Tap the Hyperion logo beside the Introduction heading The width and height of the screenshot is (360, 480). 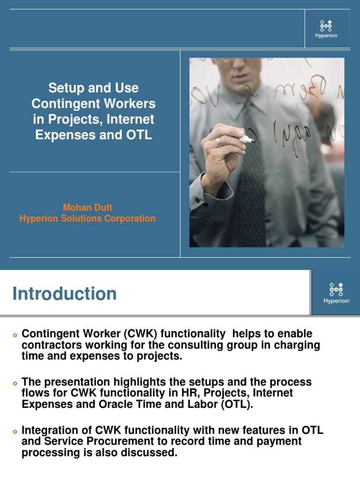pyautogui.click(x=336, y=293)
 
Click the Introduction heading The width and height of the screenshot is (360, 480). pyautogui.click(x=64, y=294)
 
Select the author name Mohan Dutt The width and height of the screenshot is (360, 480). pyautogui.click(x=88, y=207)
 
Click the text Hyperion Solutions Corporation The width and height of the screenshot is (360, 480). pyautogui.click(x=88, y=218)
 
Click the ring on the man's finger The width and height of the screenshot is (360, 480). pyautogui.click(x=219, y=141)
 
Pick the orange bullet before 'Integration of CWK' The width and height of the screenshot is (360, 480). pyautogui.click(x=15, y=431)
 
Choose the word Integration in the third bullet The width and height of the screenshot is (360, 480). pyautogui.click(x=51, y=430)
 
